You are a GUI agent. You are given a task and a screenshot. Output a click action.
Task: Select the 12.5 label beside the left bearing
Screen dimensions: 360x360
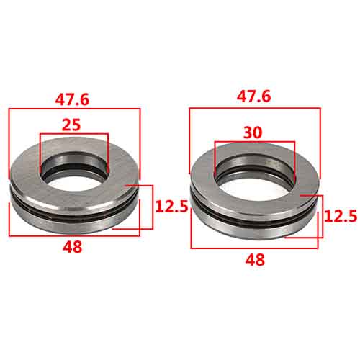click(x=171, y=207)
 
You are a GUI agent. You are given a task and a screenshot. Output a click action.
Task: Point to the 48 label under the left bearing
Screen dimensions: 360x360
click(x=73, y=246)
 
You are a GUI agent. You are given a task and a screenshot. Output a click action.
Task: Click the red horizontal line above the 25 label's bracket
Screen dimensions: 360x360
click(x=73, y=133)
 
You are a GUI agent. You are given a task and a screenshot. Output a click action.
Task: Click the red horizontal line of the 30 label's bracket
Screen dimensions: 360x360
click(x=254, y=141)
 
